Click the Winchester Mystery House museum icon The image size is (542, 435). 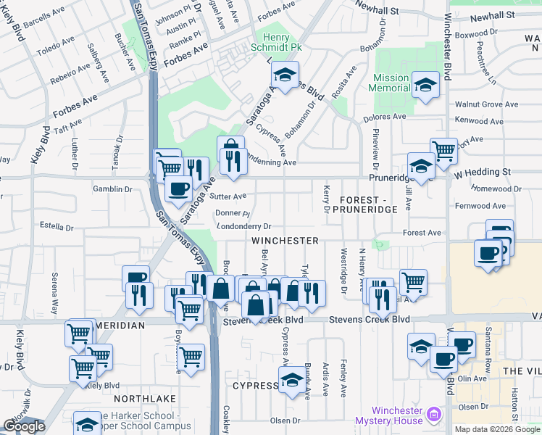(434, 415)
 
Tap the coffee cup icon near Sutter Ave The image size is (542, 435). (178, 189)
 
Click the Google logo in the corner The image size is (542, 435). (24, 426)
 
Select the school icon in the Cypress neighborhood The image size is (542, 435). (291, 379)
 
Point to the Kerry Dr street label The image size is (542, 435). (326, 198)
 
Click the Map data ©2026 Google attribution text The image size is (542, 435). (497, 429)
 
